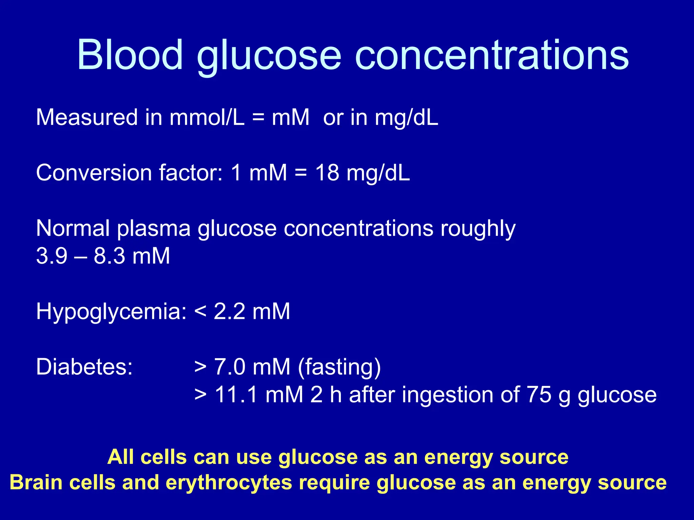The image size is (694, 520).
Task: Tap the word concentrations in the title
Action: pyautogui.click(x=492, y=56)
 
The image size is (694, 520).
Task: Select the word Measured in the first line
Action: pyautogui.click(x=87, y=117)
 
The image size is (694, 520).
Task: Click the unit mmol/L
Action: pyautogui.click(x=207, y=117)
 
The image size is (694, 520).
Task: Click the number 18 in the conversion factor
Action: pyautogui.click(x=327, y=173)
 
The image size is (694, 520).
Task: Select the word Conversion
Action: pyautogui.click(x=93, y=173)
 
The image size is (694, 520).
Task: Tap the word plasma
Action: pyautogui.click(x=154, y=229)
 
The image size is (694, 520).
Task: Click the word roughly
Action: pyautogui.click(x=478, y=229)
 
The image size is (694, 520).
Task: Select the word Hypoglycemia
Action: pyautogui.click(x=111, y=311)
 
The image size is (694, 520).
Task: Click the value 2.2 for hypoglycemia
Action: pyautogui.click(x=229, y=311)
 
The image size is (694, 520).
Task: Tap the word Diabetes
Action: pyautogui.click(x=84, y=367)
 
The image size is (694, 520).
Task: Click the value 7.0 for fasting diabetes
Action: pyautogui.click(x=229, y=367)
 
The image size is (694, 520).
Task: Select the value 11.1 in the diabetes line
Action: pyautogui.click(x=236, y=395)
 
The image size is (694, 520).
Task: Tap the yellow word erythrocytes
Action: pyautogui.click(x=229, y=483)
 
